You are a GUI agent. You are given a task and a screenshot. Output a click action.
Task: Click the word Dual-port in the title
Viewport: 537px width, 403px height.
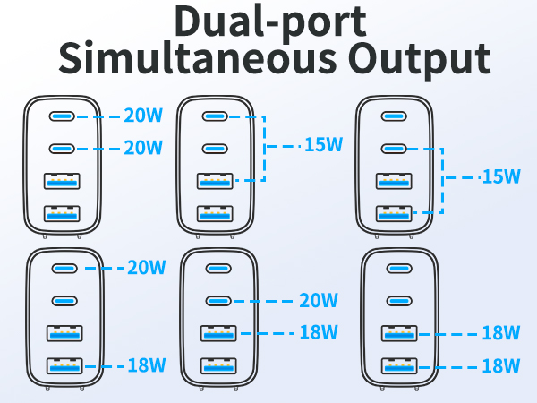point(270,22)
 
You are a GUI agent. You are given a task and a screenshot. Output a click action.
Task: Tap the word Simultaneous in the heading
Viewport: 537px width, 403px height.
point(198,57)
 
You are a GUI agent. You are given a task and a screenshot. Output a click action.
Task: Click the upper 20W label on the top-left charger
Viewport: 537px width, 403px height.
point(143,116)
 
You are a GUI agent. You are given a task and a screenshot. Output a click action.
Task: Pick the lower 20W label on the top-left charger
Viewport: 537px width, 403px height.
point(143,148)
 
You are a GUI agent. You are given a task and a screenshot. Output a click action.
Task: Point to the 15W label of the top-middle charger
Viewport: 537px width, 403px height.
point(323,144)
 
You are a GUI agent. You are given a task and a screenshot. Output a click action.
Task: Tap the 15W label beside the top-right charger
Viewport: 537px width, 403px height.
point(501,176)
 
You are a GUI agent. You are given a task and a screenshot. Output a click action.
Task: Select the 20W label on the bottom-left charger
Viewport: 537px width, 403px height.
point(147,267)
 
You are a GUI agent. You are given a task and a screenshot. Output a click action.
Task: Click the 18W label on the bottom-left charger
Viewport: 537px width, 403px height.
point(147,365)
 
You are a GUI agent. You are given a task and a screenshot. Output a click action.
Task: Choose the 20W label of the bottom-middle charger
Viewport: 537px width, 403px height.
point(319,300)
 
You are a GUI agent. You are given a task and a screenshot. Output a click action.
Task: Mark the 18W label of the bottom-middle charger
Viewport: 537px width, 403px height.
point(319,331)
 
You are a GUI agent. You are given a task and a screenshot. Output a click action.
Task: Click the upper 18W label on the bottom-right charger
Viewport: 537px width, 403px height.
point(501,332)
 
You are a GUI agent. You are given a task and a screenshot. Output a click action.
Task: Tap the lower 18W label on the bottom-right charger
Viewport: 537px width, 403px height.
point(501,365)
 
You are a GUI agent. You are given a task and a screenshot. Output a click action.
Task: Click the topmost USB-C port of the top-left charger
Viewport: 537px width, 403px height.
point(62,116)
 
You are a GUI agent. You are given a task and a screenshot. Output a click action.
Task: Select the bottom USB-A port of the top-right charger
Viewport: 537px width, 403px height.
point(394,213)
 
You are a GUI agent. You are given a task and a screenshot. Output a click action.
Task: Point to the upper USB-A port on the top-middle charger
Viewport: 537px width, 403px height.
point(215,181)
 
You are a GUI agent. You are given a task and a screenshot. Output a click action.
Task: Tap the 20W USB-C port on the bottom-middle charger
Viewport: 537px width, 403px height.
point(218,301)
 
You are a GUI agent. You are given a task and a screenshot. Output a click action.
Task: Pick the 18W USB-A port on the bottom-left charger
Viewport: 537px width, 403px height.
point(64,365)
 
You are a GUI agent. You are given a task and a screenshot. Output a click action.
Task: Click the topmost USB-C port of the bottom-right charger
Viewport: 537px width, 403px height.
point(399,269)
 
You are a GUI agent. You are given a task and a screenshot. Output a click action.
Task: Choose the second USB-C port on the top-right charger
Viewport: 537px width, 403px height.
point(394,149)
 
